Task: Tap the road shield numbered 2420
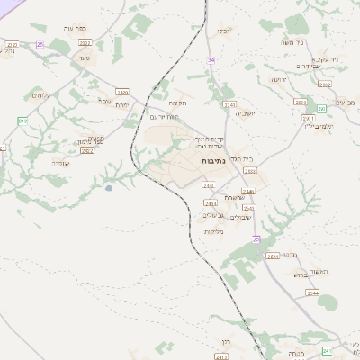point(122,92)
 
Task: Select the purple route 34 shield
point(211,59)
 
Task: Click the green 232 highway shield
point(22,120)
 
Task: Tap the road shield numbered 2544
point(312,293)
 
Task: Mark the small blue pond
point(109,188)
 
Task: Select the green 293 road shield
point(321,107)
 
